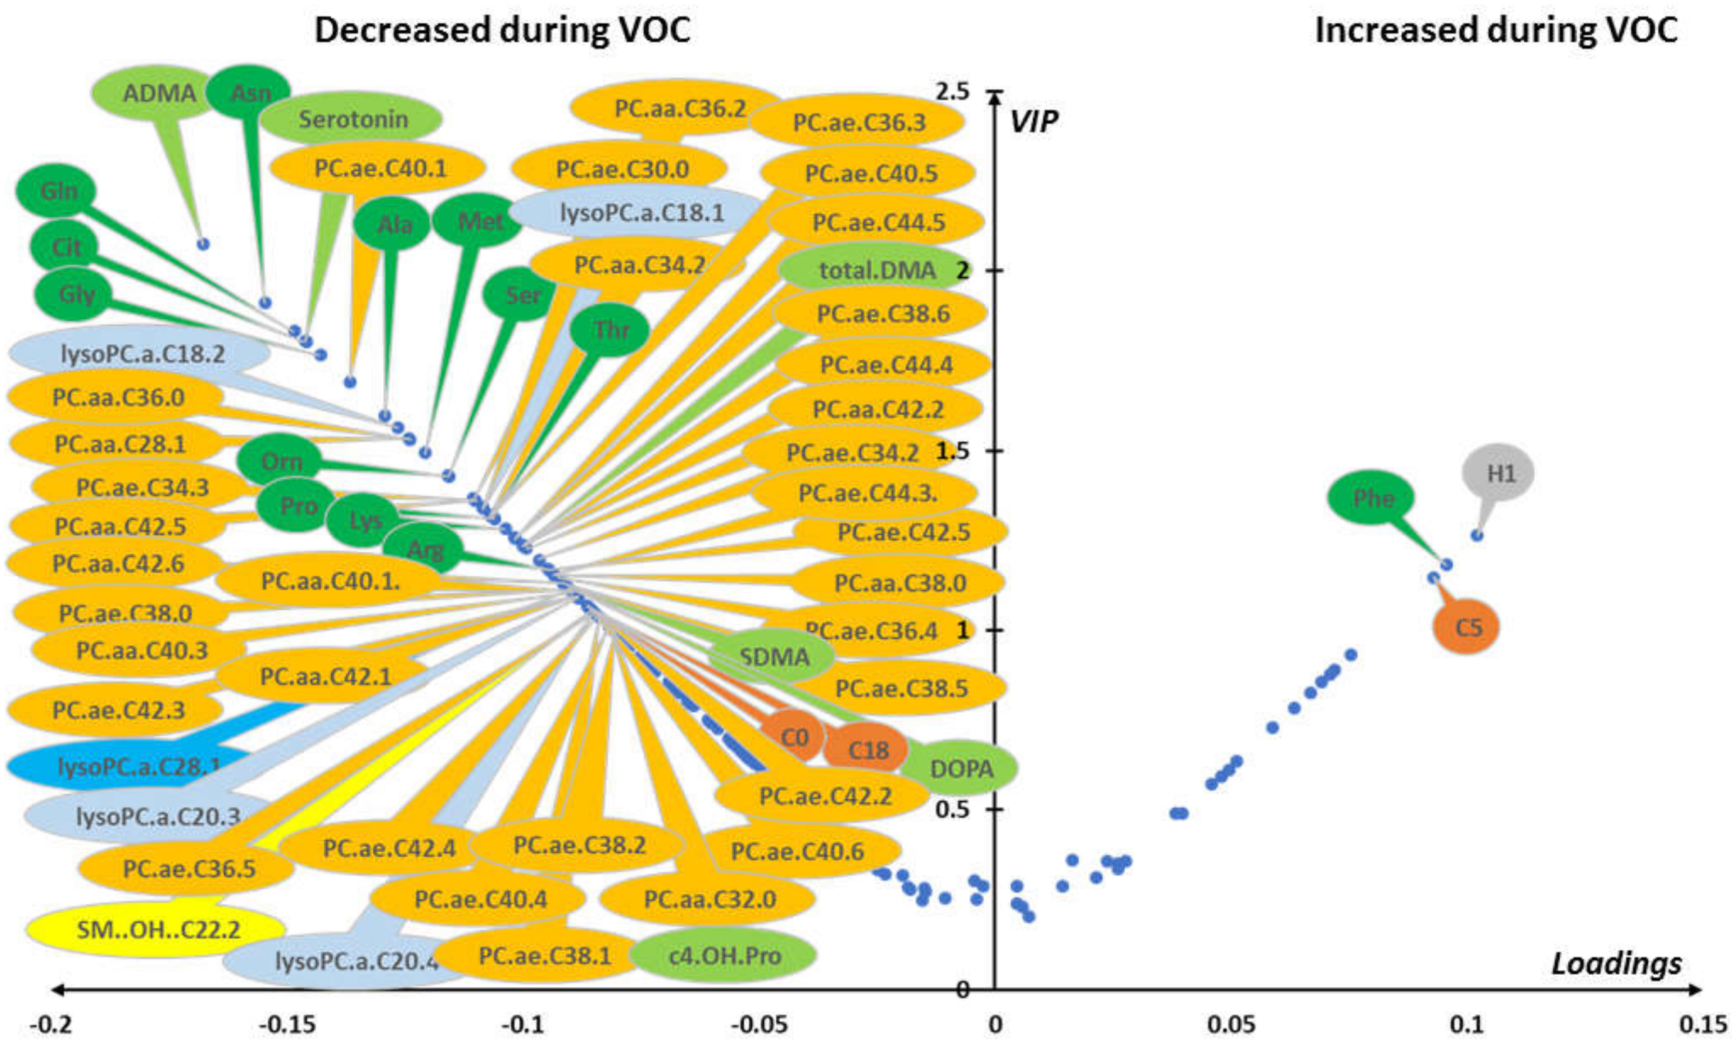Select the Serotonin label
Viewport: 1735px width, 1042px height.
tap(353, 119)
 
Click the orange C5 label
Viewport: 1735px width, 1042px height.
tap(1467, 627)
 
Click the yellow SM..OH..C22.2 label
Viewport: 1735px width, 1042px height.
tap(158, 930)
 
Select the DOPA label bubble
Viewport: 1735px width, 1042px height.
tap(961, 769)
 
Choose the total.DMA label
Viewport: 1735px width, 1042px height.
tap(877, 270)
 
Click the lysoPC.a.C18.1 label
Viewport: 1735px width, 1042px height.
tap(641, 212)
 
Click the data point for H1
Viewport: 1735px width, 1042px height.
tap(1477, 535)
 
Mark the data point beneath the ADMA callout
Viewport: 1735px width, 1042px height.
tap(204, 244)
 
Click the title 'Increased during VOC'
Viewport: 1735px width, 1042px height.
tap(1495, 31)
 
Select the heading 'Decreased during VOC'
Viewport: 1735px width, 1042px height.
tap(502, 31)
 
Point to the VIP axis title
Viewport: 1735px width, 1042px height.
tap(1033, 122)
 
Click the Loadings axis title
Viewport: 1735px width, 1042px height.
tap(1616, 963)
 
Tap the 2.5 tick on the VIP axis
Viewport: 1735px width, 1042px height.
tap(953, 91)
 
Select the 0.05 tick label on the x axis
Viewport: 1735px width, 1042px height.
tap(1231, 1025)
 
